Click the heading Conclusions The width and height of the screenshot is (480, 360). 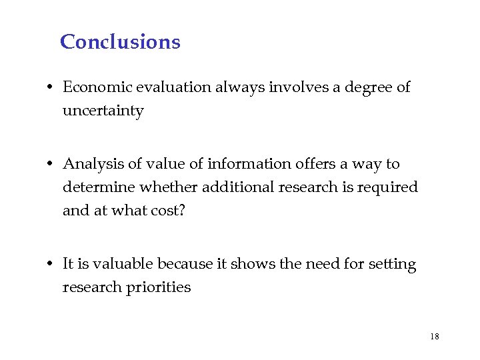point(120,42)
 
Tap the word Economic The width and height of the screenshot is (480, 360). point(93,87)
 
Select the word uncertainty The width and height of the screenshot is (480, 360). point(103,111)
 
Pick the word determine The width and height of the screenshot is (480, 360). point(95,187)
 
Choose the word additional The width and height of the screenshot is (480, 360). point(245,187)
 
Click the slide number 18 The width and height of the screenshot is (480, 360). point(435,337)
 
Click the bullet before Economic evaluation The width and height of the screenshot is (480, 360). point(51,88)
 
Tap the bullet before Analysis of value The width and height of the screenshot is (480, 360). point(51,165)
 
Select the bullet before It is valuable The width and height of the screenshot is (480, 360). point(51,265)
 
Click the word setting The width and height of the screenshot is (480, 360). point(391,265)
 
